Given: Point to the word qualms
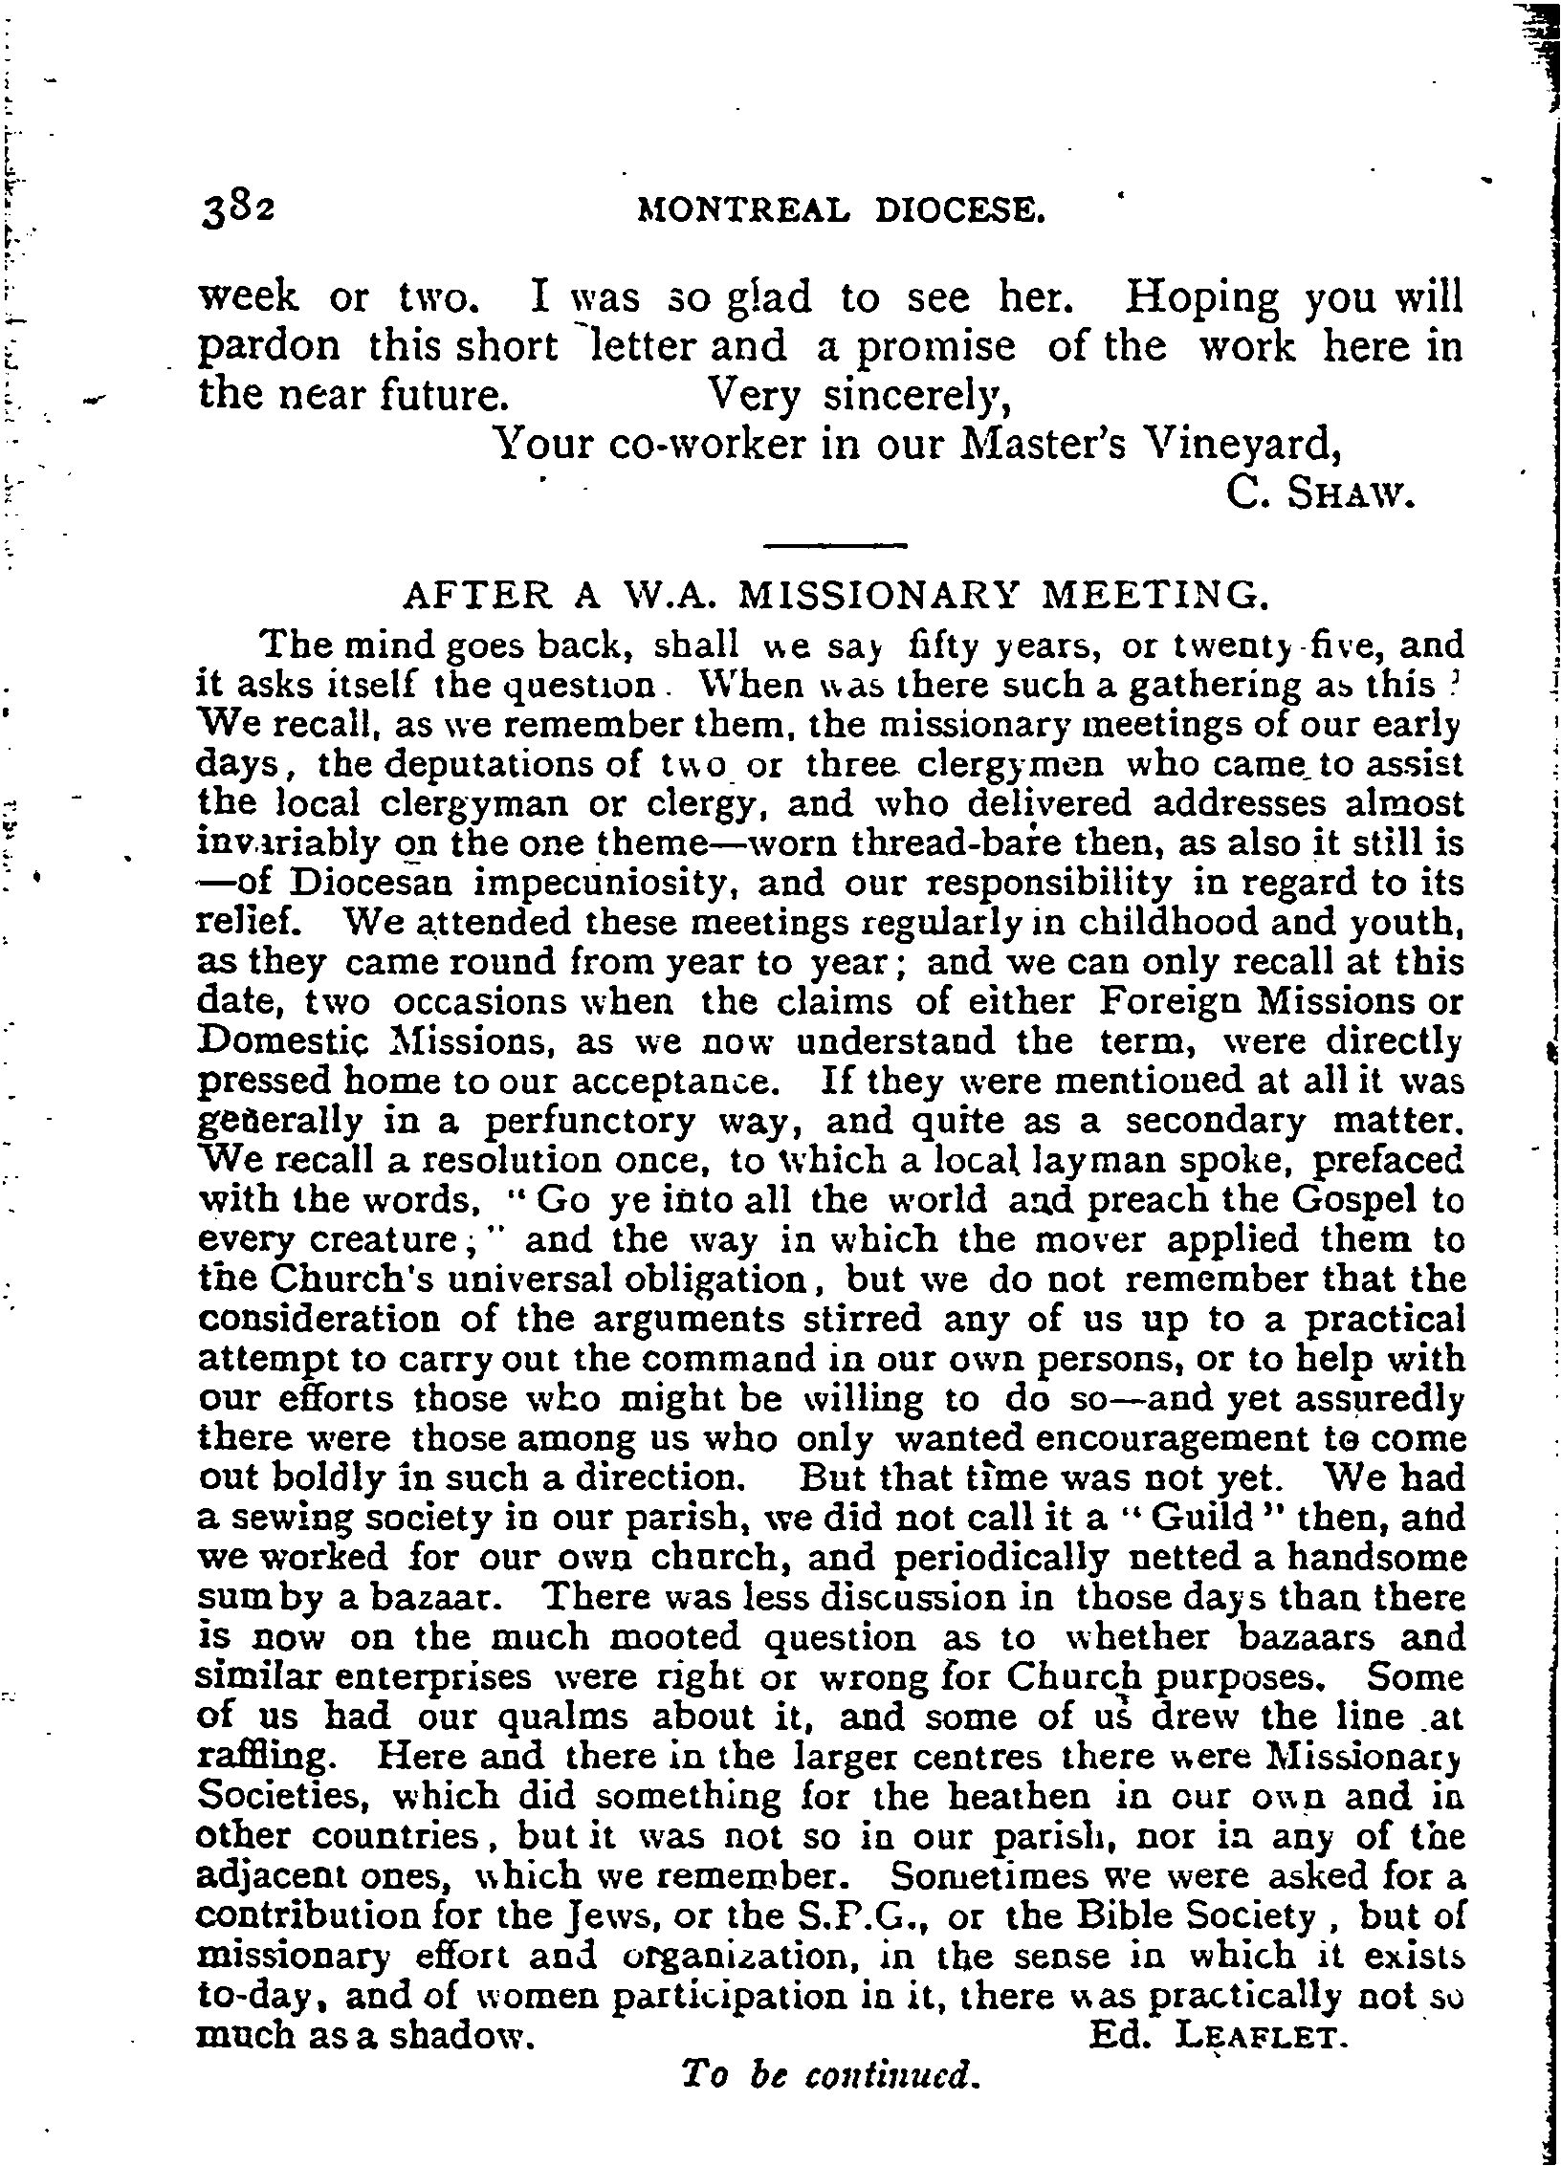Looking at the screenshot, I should pos(564,1717).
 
